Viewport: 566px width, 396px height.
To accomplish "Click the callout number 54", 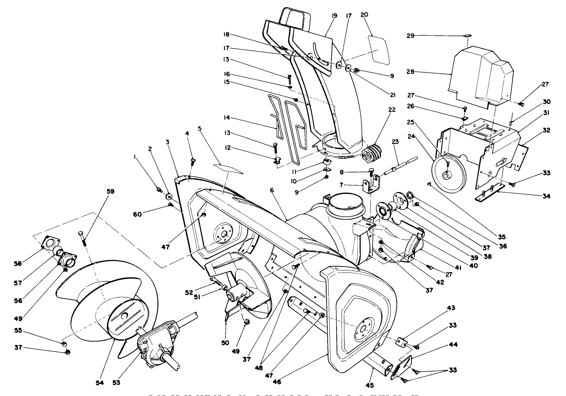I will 99,383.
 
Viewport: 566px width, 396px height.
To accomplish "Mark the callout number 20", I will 364,15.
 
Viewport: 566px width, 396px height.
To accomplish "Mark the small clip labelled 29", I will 468,36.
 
